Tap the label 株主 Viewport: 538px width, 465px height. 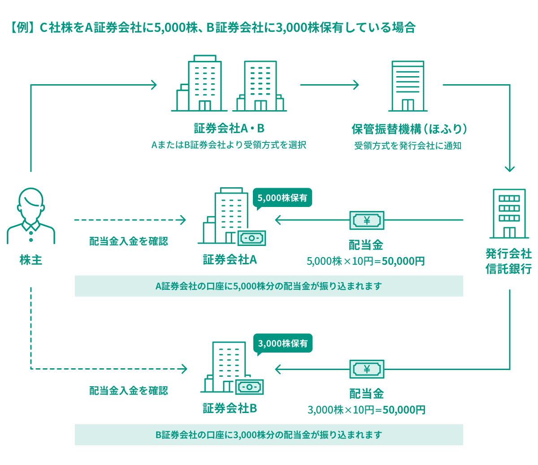31,260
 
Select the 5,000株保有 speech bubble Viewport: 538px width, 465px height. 282,198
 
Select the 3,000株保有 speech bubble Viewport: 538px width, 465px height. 283,344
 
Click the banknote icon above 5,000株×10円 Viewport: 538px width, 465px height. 367,220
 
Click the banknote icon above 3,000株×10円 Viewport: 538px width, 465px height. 367,369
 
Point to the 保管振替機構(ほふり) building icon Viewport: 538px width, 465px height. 408,86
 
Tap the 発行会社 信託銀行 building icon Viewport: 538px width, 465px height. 509,214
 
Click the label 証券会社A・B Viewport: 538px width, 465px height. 229,129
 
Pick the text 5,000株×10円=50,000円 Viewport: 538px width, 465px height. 366,261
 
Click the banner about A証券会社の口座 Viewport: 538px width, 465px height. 269,286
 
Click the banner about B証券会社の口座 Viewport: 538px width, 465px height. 269,435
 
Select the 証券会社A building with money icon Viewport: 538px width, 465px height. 231,217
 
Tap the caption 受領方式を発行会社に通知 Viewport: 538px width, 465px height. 408,146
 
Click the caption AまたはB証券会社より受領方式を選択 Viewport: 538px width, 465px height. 229,145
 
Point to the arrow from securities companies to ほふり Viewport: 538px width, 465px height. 330,85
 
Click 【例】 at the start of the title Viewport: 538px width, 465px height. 22,28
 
